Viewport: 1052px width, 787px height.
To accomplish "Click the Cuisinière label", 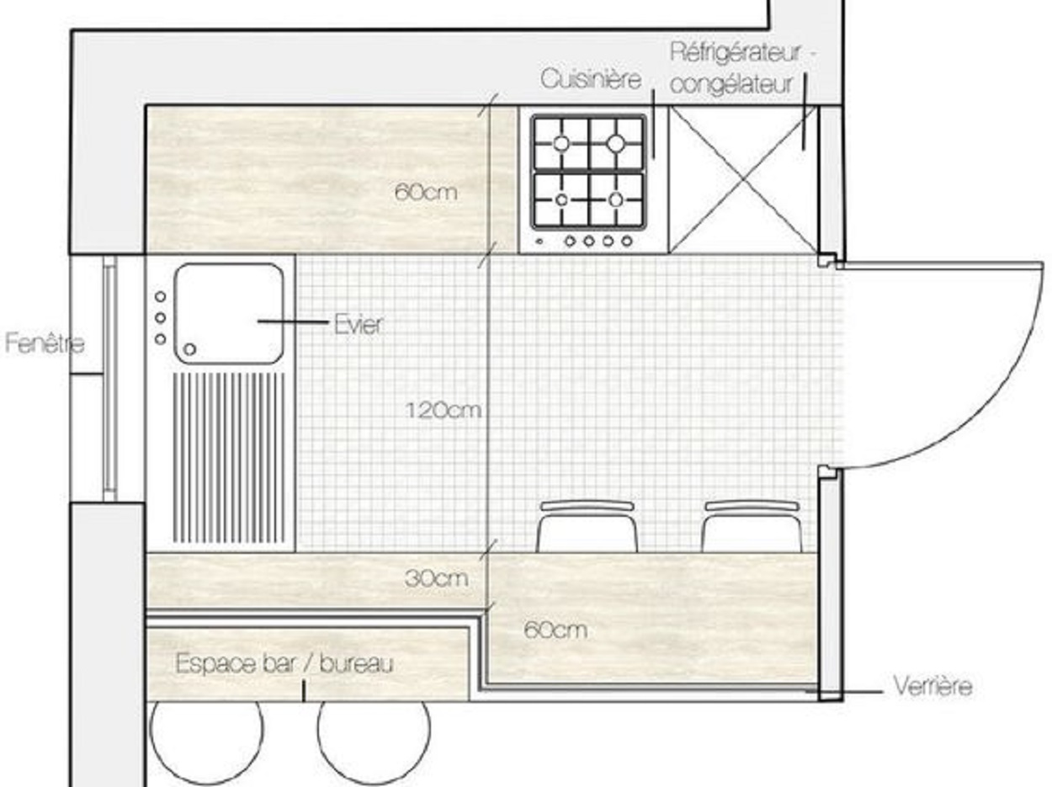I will [x=591, y=79].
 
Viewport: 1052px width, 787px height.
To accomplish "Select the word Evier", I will [x=358, y=324].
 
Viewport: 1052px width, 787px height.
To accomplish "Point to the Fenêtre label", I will [x=44, y=343].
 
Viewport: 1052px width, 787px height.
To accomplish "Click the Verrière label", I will [x=932, y=687].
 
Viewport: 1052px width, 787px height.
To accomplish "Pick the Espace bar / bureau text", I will [x=284, y=664].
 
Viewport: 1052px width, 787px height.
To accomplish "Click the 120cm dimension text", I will [x=444, y=411].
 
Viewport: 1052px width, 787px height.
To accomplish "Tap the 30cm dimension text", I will [x=436, y=579].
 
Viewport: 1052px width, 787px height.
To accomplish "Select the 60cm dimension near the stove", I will [x=426, y=192].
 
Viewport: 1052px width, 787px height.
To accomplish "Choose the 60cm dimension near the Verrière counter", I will [x=555, y=630].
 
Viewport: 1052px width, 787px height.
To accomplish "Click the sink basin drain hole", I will [x=190, y=349].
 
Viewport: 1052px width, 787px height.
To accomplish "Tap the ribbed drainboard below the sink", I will [x=229, y=459].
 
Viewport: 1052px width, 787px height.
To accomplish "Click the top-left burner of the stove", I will [x=560, y=144].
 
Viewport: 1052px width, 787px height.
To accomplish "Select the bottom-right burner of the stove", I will [x=616, y=199].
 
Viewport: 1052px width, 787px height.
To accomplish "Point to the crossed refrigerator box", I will [x=742, y=179].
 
